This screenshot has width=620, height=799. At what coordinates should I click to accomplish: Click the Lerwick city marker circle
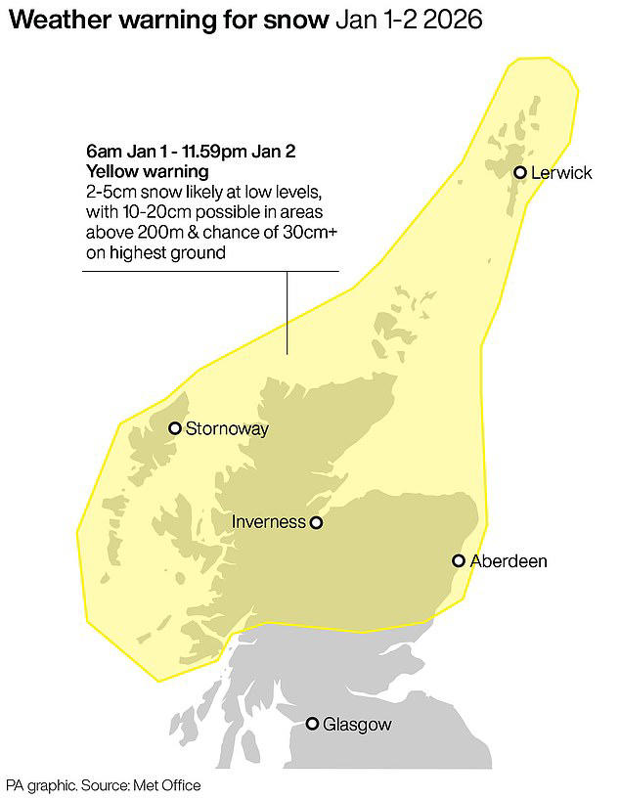(520, 173)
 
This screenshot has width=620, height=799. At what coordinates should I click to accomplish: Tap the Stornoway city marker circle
(175, 428)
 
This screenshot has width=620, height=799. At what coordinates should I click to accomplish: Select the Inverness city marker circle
(316, 523)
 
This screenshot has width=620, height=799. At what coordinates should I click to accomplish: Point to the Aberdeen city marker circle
(458, 560)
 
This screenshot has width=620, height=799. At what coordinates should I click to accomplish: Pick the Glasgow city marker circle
(312, 724)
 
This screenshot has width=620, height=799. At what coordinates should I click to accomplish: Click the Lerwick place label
(562, 173)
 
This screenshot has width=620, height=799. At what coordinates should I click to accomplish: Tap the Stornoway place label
(226, 428)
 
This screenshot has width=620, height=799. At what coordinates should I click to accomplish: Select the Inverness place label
(269, 522)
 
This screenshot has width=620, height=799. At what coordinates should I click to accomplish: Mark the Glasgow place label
(357, 724)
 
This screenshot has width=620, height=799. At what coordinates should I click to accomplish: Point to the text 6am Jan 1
(122, 151)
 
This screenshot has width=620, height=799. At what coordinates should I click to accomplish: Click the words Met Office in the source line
(169, 784)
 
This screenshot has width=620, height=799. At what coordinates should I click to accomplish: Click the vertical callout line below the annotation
(288, 312)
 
